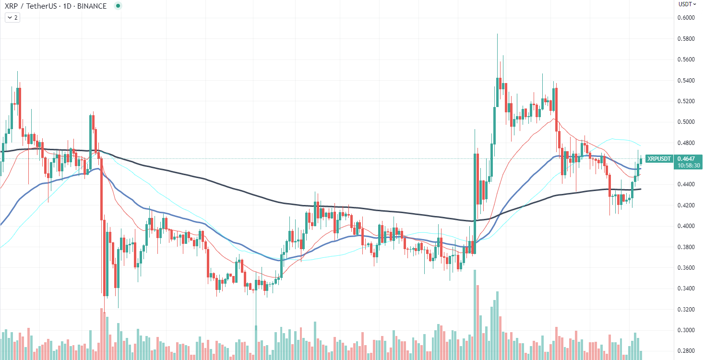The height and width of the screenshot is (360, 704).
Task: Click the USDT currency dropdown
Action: tap(687, 4)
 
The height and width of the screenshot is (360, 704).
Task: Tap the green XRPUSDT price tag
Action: tap(658, 158)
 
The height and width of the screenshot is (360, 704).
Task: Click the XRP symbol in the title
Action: tap(11, 7)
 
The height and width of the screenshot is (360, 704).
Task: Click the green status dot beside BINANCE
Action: tap(118, 7)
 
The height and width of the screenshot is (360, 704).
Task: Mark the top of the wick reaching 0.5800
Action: tap(497, 35)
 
